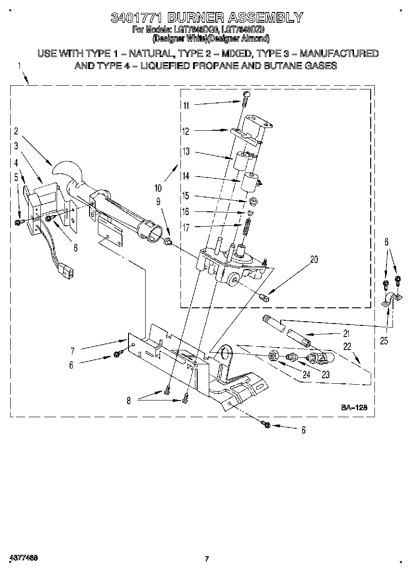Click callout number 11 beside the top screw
pos(186,105)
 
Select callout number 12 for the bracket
pos(186,132)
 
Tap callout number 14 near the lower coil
pos(186,177)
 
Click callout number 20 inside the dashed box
pos(314,260)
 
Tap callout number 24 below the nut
pos(306,375)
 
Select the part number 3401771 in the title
pos(136,18)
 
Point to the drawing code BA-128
pos(354,407)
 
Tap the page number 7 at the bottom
pos(207,559)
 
